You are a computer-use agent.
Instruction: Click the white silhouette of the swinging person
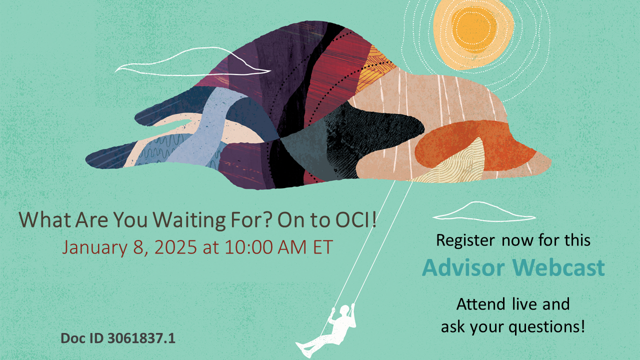point(330,330)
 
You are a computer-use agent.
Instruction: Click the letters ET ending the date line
point(321,247)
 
